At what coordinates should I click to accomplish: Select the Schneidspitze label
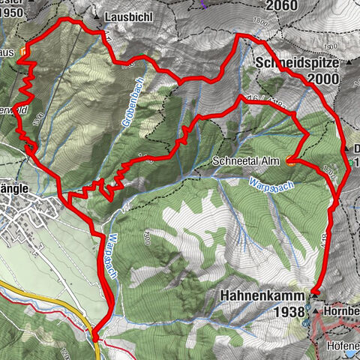298,63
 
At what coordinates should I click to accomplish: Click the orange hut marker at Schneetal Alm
289,159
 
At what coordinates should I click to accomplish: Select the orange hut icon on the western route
24,52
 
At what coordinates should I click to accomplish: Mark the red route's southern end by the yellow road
95,337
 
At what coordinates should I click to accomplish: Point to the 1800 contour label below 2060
260,23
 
